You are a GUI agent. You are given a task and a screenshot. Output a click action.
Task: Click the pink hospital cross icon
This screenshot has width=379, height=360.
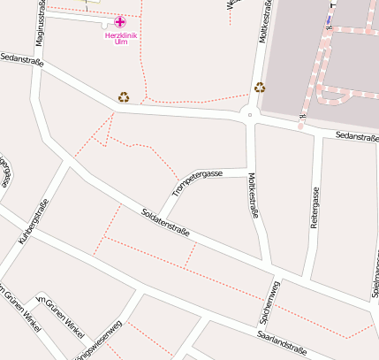click(120, 21)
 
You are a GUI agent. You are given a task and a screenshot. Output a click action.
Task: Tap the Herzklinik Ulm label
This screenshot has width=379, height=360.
click(122, 38)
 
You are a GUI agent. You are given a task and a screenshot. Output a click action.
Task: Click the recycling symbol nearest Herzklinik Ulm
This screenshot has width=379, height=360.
click(124, 97)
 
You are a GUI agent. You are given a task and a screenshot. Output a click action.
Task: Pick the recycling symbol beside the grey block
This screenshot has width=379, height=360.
click(260, 87)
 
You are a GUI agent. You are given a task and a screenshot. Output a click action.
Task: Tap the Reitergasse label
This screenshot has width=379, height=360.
click(314, 209)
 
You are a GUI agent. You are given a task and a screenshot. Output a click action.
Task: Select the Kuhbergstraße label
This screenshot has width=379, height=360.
click(34, 222)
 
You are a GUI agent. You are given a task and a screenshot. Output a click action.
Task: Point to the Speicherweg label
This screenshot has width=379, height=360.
click(274, 301)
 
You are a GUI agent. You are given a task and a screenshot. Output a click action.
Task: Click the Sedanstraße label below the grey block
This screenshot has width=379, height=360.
click(357, 136)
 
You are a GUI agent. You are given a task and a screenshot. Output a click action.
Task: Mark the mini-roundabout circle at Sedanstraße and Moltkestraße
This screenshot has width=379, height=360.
click(250, 115)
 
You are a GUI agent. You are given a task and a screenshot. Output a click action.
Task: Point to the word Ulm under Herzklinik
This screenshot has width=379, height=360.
click(122, 42)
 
